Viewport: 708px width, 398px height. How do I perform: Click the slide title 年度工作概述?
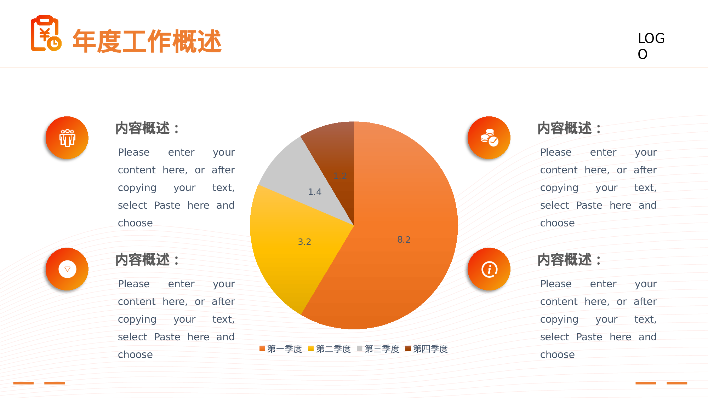(147, 41)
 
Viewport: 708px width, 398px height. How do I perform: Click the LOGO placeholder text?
(651, 46)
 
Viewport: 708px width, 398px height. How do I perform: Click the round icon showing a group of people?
(67, 138)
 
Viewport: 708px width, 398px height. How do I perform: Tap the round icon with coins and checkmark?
(489, 138)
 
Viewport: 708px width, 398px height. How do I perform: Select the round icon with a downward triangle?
(67, 269)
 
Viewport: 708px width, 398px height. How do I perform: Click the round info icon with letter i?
(489, 269)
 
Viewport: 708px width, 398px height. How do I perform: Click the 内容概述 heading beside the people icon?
(147, 128)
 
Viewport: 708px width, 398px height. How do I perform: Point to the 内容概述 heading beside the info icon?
(569, 260)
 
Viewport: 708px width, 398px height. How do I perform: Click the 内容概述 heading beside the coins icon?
(569, 128)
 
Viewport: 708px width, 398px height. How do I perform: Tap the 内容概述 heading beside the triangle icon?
(147, 260)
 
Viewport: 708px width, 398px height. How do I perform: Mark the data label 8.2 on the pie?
(404, 240)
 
